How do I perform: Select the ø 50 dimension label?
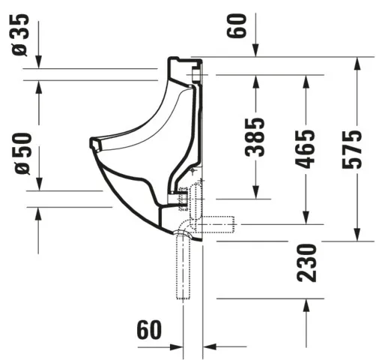coord(20,154)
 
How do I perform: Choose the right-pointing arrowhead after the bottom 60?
coord(177,347)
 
